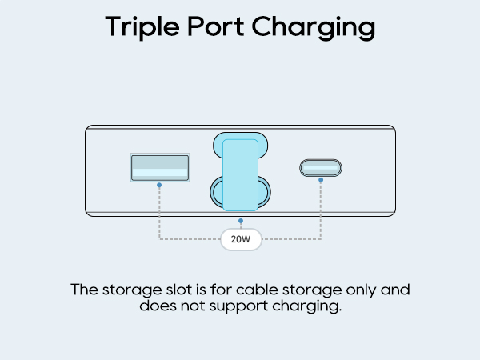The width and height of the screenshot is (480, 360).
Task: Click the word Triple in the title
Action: tap(142, 27)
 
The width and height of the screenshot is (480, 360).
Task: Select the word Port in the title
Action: tap(216, 26)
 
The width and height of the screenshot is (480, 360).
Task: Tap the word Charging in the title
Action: tap(314, 27)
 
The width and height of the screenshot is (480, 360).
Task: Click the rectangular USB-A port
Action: tap(160, 168)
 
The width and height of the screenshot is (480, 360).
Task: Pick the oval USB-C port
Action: tap(321, 168)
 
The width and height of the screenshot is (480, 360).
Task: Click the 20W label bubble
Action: tap(241, 239)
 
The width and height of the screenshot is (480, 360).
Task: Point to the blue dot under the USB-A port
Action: tap(159, 186)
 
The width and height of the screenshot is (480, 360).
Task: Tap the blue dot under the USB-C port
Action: tap(321, 180)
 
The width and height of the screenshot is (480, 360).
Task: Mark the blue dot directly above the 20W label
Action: tap(241, 221)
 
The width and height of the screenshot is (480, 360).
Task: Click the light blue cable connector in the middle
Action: tap(240, 174)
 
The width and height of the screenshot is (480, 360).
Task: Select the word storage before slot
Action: tap(132, 290)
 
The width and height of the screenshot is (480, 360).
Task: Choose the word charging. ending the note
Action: tap(306, 306)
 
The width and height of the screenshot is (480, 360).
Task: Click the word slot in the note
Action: tap(178, 290)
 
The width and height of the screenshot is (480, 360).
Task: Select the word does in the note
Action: tap(158, 306)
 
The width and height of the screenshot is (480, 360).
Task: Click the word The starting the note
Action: tap(85, 290)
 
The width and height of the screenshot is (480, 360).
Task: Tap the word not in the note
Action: tap(193, 306)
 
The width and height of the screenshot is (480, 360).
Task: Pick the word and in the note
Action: tap(395, 290)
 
